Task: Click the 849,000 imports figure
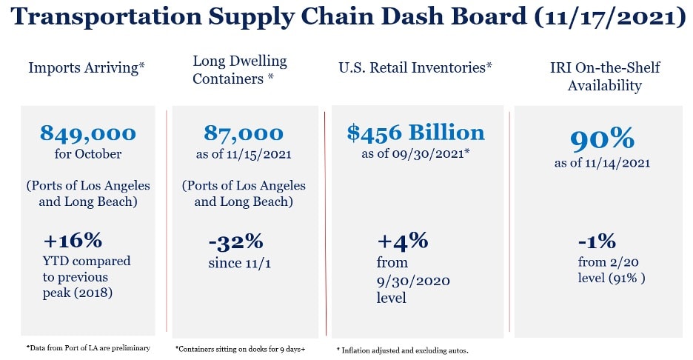(x=88, y=133)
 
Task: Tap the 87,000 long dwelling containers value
(x=243, y=133)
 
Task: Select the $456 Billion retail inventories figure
(x=415, y=133)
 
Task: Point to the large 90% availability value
(x=602, y=140)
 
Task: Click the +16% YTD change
(x=72, y=241)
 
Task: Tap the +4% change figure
(x=403, y=241)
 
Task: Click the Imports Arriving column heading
(x=86, y=68)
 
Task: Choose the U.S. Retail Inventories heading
(x=415, y=68)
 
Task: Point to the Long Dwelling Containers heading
(x=239, y=69)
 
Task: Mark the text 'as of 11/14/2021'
(x=602, y=163)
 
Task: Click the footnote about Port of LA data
(x=88, y=347)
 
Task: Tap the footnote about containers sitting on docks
(x=240, y=347)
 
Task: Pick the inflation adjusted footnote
(x=403, y=349)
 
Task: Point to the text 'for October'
(x=87, y=154)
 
